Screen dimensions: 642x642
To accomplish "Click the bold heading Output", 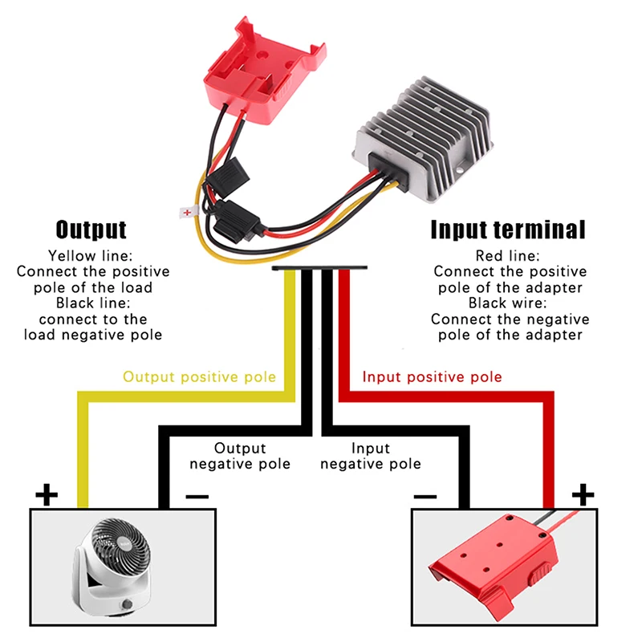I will (91, 230).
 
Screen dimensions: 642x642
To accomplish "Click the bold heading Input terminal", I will (508, 230).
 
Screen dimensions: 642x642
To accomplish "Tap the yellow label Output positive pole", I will (199, 376).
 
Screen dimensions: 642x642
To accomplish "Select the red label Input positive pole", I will (432, 376).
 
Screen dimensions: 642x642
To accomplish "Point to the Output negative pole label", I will (239, 456).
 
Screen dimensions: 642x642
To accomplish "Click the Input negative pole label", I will (370, 456).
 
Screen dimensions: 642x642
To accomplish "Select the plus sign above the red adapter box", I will (583, 494).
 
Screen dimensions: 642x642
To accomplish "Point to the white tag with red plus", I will (188, 213).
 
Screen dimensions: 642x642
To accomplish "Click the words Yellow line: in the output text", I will (89, 256).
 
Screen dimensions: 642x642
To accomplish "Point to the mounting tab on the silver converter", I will (458, 166).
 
